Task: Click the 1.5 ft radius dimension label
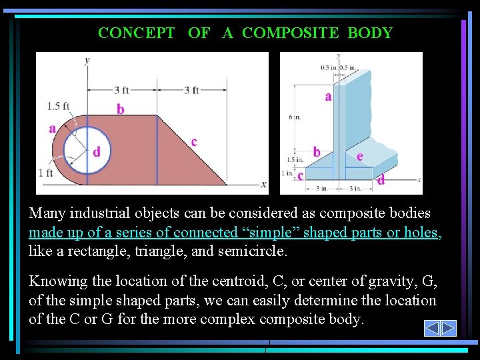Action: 58,106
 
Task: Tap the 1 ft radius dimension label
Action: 45,173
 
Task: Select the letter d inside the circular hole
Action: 97,152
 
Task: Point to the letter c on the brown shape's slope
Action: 194,141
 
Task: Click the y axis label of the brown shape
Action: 87,60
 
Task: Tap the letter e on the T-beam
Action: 359,156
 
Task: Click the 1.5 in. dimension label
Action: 295,160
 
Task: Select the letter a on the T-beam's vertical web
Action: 328,97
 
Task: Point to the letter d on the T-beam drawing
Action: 381,180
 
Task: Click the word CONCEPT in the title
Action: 137,33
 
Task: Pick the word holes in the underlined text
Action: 422,233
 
